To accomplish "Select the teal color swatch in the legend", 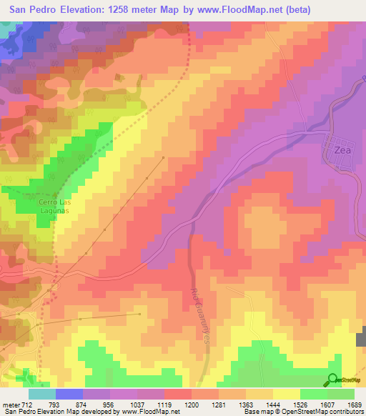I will coord(42,393).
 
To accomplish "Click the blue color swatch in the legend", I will coord(69,393).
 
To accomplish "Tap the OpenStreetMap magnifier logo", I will coord(332,380).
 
